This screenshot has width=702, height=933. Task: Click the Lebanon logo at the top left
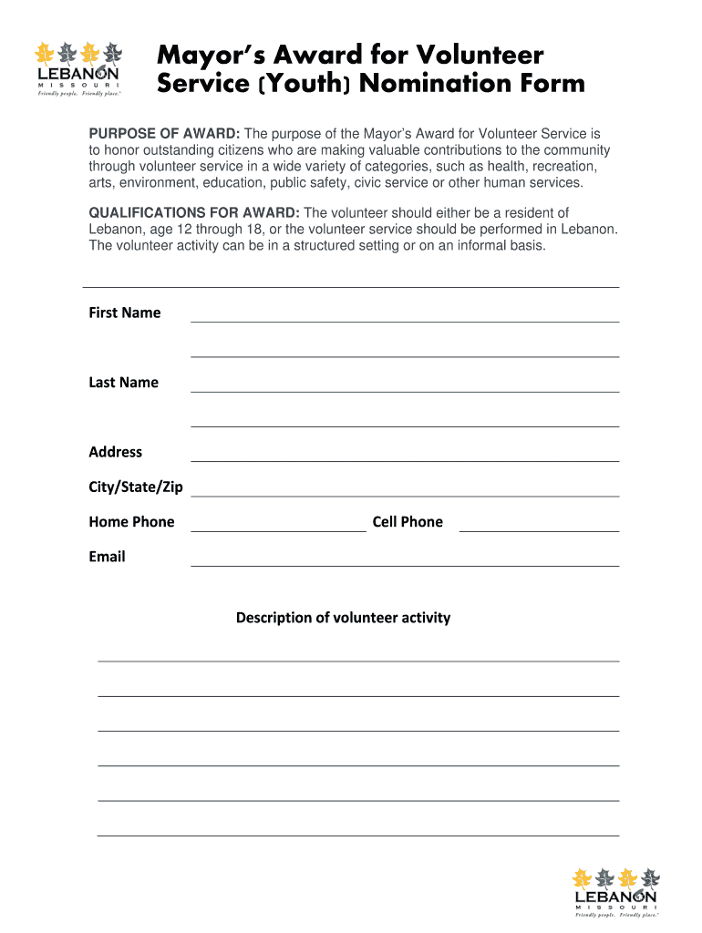77,67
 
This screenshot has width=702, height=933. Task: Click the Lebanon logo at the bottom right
615,893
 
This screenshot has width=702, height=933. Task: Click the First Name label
124,313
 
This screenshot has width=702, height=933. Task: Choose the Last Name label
123,383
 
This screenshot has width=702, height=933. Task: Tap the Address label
115,452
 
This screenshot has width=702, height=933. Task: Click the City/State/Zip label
135,487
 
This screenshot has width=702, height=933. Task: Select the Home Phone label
131,522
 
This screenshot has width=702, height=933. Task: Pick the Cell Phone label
408,522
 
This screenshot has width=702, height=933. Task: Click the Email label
107,557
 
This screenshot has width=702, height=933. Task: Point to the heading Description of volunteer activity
343,618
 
